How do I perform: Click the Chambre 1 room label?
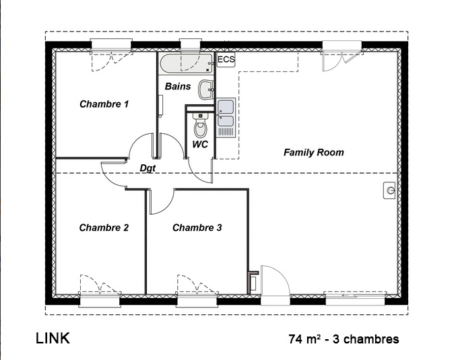[104, 104]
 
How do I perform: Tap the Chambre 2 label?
[104, 228]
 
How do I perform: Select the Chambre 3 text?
[197, 228]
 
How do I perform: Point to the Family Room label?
[314, 152]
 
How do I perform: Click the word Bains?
[178, 86]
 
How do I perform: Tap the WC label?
[200, 144]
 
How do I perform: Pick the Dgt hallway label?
[148, 168]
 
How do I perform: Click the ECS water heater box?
[226, 60]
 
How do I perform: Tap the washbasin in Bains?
[206, 89]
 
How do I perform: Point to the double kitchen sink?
[226, 117]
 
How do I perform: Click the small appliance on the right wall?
[389, 190]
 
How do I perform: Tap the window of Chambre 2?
[100, 299]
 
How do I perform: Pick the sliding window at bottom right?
[355, 298]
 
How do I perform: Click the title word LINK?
[53, 338]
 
